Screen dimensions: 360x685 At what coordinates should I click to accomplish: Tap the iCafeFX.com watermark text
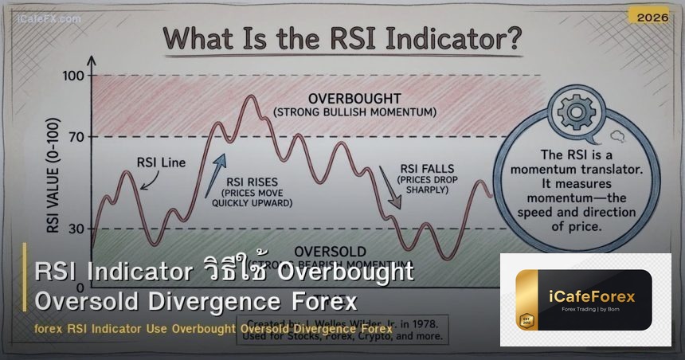(x=50, y=18)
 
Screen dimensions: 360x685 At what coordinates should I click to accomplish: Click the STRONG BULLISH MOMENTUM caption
(x=354, y=112)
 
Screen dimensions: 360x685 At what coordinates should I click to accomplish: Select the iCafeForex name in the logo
(x=596, y=297)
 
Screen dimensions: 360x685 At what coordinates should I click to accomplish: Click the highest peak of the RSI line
(x=251, y=96)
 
